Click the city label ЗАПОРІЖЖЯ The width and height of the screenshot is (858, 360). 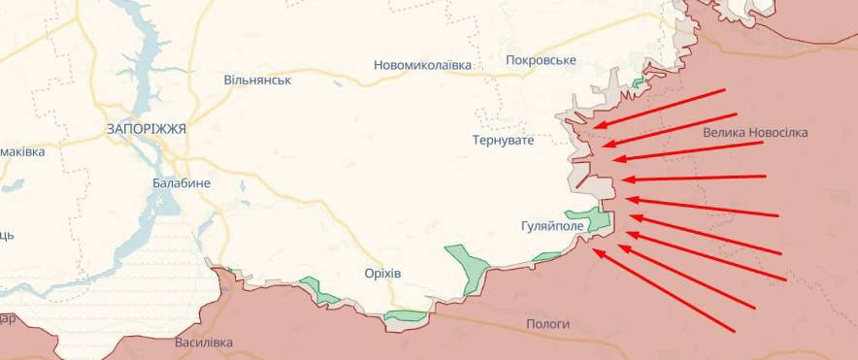coord(147,128)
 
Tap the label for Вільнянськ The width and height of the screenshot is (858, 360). coord(257,80)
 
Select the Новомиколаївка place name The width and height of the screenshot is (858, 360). coord(422,65)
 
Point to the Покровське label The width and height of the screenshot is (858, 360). coord(541,60)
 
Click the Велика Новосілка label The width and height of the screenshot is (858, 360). coord(755,133)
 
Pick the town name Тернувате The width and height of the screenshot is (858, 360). coord(504,141)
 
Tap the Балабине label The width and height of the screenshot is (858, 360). coord(181,182)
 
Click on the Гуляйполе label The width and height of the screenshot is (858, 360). coord(552,226)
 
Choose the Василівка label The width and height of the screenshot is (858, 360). coord(204,343)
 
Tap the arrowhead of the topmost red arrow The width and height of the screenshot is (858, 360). coord(594,126)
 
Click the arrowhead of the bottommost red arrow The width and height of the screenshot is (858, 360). coord(595,250)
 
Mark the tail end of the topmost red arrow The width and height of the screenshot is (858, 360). coord(725,89)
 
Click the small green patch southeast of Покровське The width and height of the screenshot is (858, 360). coord(637,83)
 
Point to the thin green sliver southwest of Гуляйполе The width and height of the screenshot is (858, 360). coord(546,257)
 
